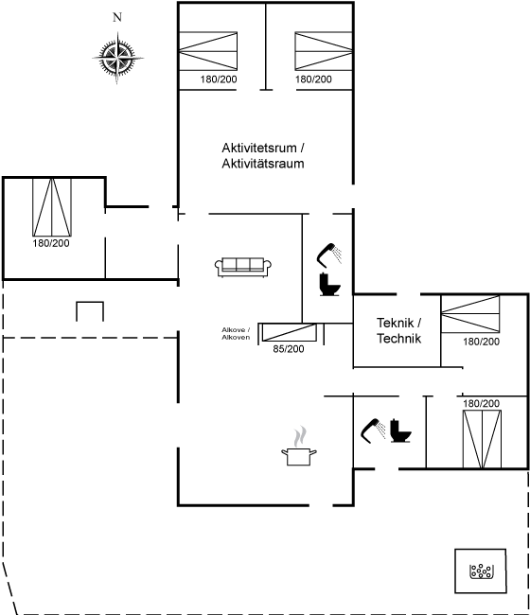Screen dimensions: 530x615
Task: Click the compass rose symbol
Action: pyautogui.click(x=117, y=58)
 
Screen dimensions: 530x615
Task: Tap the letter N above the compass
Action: pyautogui.click(x=117, y=17)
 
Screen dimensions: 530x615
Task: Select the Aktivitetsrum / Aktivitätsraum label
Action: pyautogui.click(x=263, y=156)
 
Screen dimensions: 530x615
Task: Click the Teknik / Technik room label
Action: pyautogui.click(x=399, y=330)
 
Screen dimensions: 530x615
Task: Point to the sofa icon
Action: pyautogui.click(x=243, y=268)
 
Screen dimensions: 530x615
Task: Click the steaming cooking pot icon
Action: pyautogui.click(x=299, y=447)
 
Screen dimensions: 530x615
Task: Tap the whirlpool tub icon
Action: pyautogui.click(x=482, y=571)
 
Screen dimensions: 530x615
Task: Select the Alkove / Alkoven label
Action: pyautogui.click(x=236, y=333)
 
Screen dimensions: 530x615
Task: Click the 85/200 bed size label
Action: pyautogui.click(x=289, y=349)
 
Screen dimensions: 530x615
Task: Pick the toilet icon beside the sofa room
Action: pyautogui.click(x=329, y=285)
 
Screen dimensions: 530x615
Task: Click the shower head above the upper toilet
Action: pyautogui.click(x=329, y=255)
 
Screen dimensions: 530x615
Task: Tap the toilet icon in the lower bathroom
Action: pyautogui.click(x=400, y=430)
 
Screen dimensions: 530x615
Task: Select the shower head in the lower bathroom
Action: pyautogui.click(x=373, y=430)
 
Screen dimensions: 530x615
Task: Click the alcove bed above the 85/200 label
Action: pyautogui.click(x=289, y=332)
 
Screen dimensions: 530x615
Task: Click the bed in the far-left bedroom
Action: pyautogui.click(x=52, y=207)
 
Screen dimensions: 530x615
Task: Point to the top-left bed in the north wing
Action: pyautogui.click(x=208, y=51)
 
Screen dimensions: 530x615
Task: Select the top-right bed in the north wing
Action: pyautogui.click(x=324, y=51)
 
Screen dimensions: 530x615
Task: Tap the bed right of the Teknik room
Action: pyautogui.click(x=470, y=314)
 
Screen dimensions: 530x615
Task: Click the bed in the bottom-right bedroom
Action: pyautogui.click(x=482, y=439)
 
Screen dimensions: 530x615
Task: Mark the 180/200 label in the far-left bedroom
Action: pyautogui.click(x=51, y=243)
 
